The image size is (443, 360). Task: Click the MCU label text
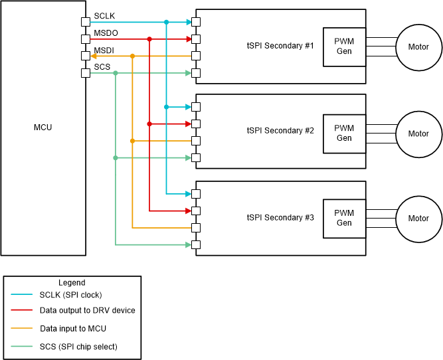click(x=43, y=127)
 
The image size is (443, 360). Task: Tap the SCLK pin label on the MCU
click(x=104, y=15)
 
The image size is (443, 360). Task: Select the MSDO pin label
click(x=105, y=32)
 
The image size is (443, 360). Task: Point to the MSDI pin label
click(x=104, y=49)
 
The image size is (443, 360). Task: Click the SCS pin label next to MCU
click(x=102, y=66)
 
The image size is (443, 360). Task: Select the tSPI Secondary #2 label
click(x=280, y=130)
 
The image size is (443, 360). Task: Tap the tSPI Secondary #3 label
click(x=280, y=217)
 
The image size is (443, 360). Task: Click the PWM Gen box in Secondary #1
click(x=344, y=46)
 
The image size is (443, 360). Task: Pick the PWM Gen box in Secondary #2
click(x=344, y=133)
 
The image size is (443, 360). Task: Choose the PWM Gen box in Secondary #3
click(x=344, y=218)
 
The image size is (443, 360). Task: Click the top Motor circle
click(x=418, y=46)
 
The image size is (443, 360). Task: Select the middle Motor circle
click(x=418, y=134)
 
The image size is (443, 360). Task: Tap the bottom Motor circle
click(x=418, y=219)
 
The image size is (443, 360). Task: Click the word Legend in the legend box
click(x=72, y=282)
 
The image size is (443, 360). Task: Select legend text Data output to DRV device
click(x=87, y=310)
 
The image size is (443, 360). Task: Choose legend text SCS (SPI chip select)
click(x=78, y=346)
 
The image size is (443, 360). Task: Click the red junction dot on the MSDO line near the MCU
click(x=149, y=39)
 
